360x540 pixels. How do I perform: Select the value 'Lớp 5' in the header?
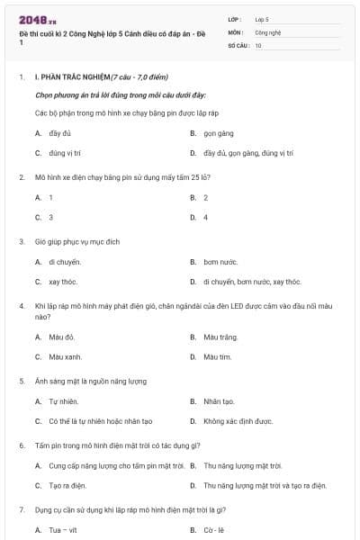tap(262, 19)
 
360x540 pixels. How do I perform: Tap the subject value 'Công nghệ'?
tap(268, 31)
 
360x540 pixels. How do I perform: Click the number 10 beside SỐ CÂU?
tap(258, 45)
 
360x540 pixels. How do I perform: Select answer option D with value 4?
tap(206, 218)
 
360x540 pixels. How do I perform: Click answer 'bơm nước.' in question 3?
tap(220, 262)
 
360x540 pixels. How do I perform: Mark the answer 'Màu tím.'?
tap(218, 357)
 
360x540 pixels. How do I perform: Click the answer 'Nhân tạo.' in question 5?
tap(219, 401)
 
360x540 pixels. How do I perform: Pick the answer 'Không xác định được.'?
tap(238, 421)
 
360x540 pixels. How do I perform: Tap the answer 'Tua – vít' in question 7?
tap(63, 530)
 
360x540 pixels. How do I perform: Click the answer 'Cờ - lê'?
tap(214, 530)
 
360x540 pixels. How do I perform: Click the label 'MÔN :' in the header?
tap(237, 31)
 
